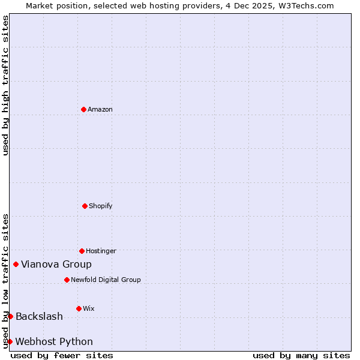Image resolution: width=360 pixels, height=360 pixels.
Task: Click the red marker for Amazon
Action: point(83,109)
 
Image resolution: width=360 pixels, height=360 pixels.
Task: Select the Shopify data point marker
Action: point(85,206)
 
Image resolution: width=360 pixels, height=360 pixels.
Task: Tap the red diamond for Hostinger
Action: point(82,251)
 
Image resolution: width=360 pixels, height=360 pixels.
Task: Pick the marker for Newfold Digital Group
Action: point(67,280)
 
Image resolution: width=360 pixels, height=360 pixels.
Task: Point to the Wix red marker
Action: point(79,308)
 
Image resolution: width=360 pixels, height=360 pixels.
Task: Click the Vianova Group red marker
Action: point(16,264)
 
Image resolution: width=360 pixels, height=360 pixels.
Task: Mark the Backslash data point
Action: point(10,316)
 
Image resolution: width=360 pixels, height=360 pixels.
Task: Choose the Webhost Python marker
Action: point(10,341)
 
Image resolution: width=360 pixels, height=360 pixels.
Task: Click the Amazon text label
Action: point(100,109)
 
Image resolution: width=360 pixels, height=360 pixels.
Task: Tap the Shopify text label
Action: point(101,206)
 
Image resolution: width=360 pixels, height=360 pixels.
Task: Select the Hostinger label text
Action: point(101,251)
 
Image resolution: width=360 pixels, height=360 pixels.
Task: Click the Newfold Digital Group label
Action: point(106,280)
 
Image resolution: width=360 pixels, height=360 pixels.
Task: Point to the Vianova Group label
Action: point(56,264)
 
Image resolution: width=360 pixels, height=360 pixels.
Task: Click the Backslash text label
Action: point(39,316)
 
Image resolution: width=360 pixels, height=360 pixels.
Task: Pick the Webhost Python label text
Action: point(54,341)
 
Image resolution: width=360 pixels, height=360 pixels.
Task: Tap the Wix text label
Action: point(89,308)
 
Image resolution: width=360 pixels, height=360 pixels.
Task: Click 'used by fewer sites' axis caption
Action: point(62,355)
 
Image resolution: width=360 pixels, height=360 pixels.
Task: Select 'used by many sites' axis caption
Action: point(301,355)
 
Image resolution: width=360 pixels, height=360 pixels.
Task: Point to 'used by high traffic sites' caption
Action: point(5,85)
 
